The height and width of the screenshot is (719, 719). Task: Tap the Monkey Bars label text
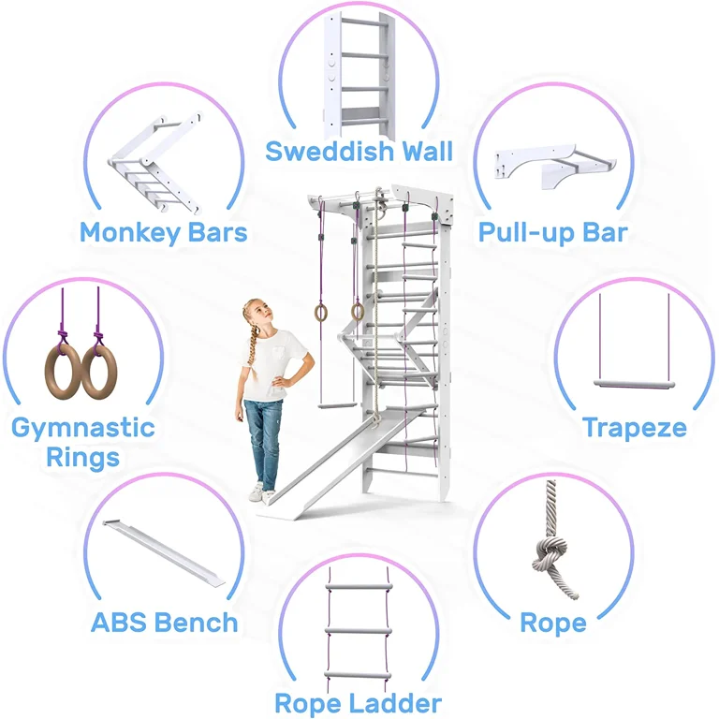coord(164,232)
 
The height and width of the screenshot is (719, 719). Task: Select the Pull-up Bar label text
coord(553,232)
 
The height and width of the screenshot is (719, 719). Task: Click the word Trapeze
coord(635,428)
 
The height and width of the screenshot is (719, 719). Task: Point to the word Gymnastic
coord(83,428)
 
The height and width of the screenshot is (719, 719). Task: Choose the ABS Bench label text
coord(165,623)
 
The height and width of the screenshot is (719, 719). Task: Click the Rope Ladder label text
coord(359,703)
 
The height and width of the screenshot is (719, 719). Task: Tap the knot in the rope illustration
coord(550,552)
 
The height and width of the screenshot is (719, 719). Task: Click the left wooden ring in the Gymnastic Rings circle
coord(64,372)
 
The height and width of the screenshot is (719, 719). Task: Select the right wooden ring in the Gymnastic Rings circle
coord(99,372)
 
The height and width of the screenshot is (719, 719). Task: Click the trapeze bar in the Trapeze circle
coord(634,384)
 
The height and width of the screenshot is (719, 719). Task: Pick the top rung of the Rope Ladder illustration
coord(359,586)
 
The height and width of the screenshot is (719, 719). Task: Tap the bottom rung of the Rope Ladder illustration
coord(359,675)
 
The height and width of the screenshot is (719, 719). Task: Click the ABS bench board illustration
coord(164,552)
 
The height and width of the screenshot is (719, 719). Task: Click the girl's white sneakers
coord(261,492)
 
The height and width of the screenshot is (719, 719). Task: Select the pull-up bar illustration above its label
coord(555,166)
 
